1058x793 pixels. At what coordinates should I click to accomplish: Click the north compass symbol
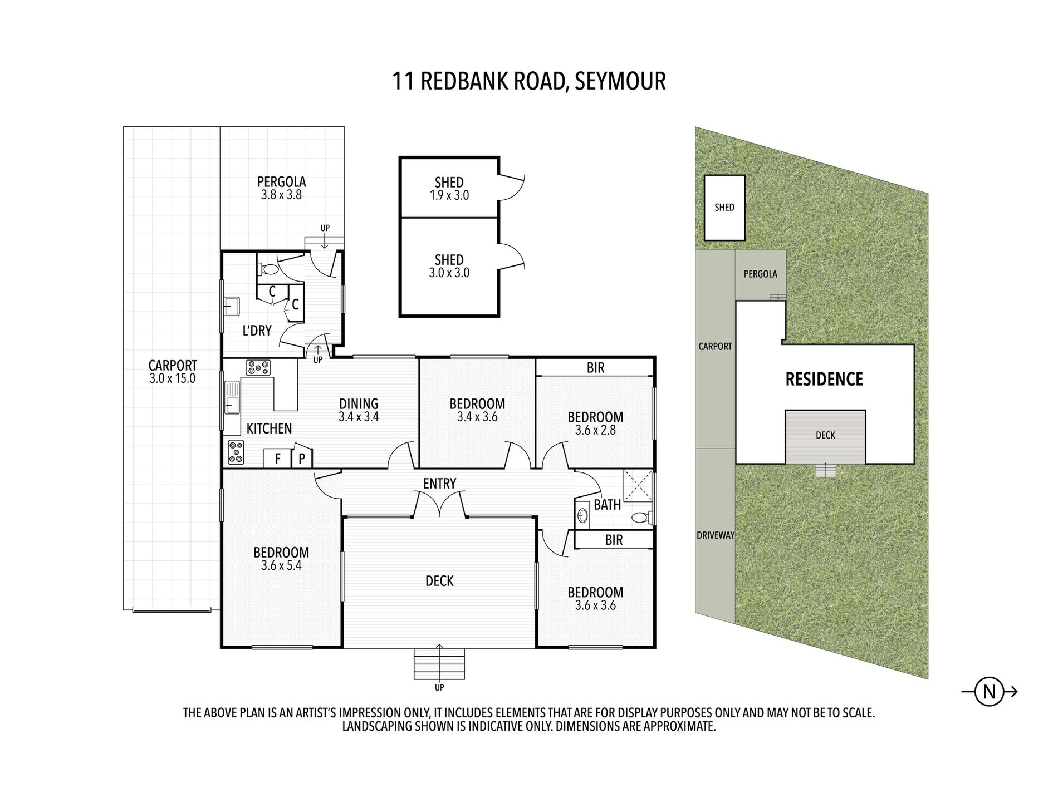coord(990,692)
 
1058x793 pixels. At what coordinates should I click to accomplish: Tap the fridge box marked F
coord(277,459)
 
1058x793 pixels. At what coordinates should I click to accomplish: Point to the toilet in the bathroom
coord(641,518)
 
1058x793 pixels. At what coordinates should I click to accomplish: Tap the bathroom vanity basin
coord(582,516)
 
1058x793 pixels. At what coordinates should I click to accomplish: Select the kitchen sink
coord(232,398)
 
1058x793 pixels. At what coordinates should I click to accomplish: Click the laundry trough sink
coord(232,306)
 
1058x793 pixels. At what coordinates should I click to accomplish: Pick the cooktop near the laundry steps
coord(258,367)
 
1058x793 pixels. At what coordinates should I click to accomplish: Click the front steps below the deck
coord(439,664)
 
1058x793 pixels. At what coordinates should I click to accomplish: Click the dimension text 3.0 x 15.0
coord(173,378)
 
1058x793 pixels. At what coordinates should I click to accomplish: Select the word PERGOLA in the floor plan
coord(281,182)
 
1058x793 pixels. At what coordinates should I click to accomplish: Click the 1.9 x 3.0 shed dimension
coord(449,195)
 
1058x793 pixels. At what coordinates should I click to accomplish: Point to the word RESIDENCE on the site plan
coord(824,380)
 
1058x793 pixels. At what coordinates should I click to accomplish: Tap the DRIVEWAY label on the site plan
coord(716,535)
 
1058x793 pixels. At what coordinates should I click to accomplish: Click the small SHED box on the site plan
coord(724,208)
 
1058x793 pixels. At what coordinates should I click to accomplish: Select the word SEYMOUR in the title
coord(620,81)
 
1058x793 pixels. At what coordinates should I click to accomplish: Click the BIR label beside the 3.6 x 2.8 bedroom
coord(595,367)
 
